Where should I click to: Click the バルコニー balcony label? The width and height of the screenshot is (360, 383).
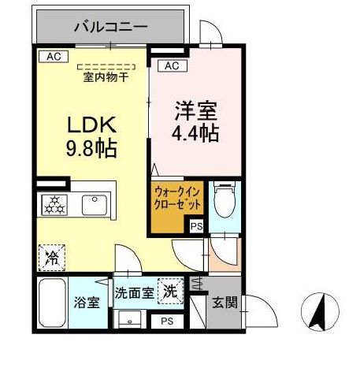pyautogui.click(x=111, y=27)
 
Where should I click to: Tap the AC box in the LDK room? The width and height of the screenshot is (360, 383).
pyautogui.click(x=53, y=57)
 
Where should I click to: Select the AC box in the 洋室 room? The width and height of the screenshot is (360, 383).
pyautogui.click(x=173, y=65)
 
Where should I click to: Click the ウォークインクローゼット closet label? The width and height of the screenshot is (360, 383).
pyautogui.click(x=177, y=197)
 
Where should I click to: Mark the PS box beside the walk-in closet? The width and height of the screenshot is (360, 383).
pyautogui.click(x=196, y=227)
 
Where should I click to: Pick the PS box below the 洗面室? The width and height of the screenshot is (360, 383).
pyautogui.click(x=166, y=321)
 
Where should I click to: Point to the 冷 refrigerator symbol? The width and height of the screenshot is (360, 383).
pyautogui.click(x=51, y=255)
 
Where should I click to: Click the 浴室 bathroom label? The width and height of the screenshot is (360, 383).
pyautogui.click(x=85, y=301)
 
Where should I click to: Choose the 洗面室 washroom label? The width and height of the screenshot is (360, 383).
pyautogui.click(x=135, y=292)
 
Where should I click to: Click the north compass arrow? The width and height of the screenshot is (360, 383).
pyautogui.click(x=321, y=311)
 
